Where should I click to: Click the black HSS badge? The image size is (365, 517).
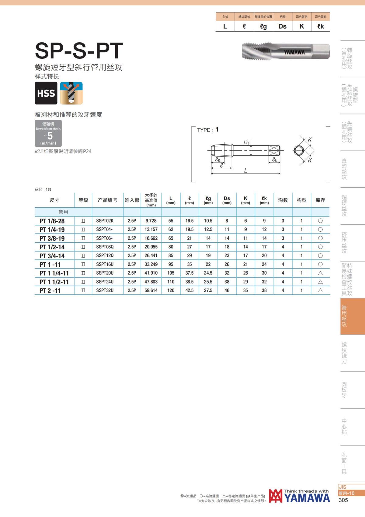point(46,93)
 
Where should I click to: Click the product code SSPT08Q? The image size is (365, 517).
point(105,247)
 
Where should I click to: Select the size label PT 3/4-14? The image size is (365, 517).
point(52,256)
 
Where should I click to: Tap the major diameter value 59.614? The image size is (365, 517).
point(151,290)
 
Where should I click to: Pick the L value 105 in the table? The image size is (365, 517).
point(171,273)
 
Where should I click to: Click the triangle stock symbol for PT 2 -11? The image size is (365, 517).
point(320,290)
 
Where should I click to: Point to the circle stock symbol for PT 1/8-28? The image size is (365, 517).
point(320,221)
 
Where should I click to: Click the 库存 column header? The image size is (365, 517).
point(320,200)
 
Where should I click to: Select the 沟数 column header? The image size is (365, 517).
point(283,200)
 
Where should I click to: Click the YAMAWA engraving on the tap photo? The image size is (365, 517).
point(294,52)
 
